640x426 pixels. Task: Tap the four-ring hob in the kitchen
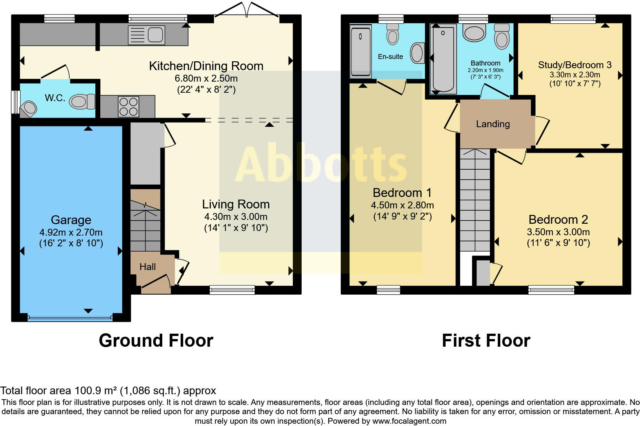point(128,106)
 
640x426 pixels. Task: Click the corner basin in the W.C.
point(29,108)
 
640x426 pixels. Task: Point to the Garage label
point(71,220)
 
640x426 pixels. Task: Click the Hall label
point(147,267)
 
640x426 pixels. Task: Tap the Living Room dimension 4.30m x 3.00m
point(236,216)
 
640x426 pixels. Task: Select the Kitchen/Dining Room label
point(206,66)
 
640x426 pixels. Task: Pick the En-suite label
point(390,57)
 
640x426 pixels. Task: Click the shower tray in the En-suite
point(361,50)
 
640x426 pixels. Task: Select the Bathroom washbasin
point(474,33)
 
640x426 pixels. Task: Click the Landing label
point(493,124)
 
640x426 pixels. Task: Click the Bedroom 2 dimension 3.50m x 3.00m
point(558,232)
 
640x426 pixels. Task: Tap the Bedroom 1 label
point(402,192)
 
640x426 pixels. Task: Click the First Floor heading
point(486,341)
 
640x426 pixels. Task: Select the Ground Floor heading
point(156,341)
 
